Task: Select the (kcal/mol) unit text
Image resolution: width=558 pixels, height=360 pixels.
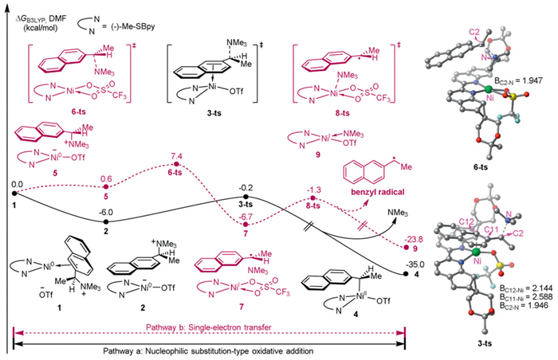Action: (x=31, y=25)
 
